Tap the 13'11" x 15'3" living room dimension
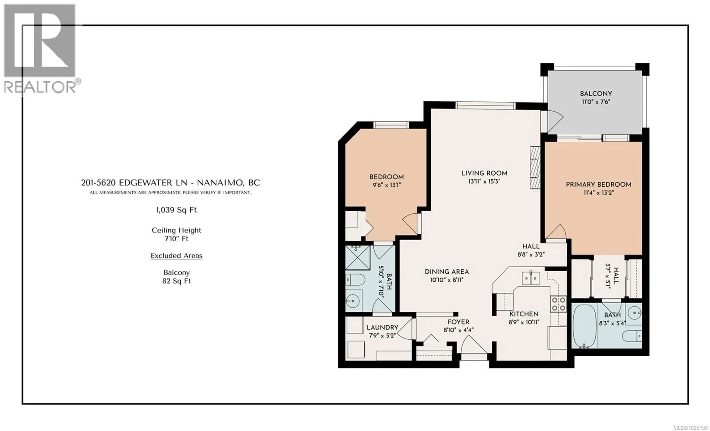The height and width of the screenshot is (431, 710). click(x=484, y=181)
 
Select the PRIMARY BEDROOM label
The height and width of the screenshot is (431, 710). click(x=599, y=184)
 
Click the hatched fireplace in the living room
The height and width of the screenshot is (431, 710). click(x=535, y=168)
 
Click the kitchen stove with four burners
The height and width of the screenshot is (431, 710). click(x=558, y=304)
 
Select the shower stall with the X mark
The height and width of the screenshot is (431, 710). click(x=358, y=258)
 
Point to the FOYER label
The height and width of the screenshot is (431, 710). click(x=458, y=322)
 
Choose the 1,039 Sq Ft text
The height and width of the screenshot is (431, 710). click(x=176, y=210)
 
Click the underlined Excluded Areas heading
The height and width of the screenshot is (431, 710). click(x=176, y=256)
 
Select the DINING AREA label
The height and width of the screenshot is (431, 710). click(x=447, y=271)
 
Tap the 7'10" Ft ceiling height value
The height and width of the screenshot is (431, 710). click(x=176, y=239)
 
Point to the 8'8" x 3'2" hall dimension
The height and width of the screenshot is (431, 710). click(x=531, y=254)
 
